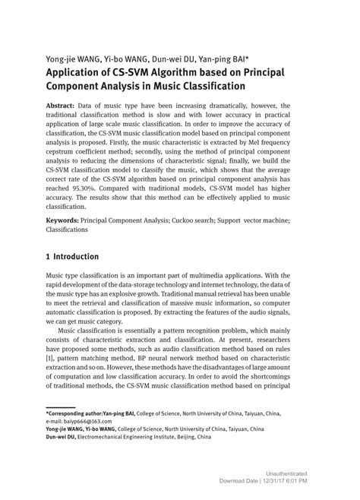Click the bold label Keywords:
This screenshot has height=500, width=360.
click(x=66, y=221)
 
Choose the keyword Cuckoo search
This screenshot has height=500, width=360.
click(x=196, y=221)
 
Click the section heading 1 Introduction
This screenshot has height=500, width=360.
click(x=71, y=257)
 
